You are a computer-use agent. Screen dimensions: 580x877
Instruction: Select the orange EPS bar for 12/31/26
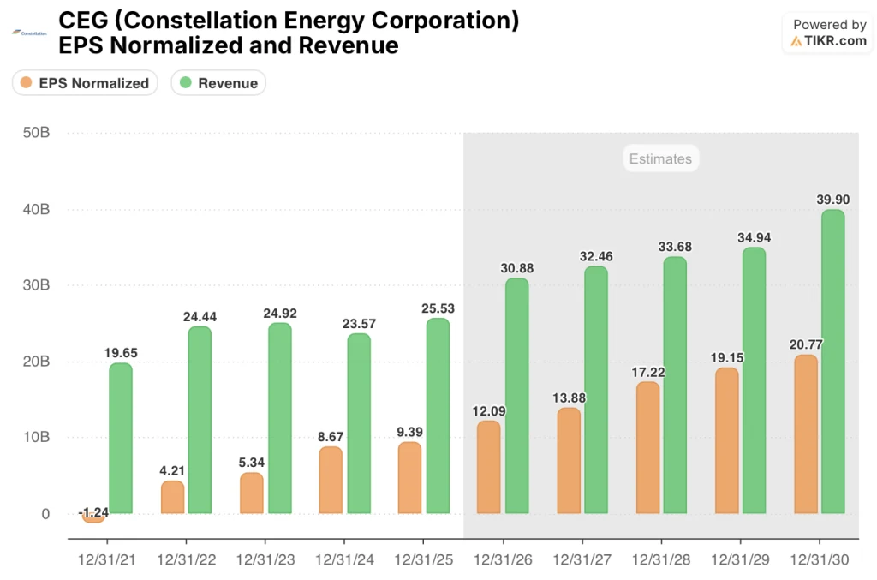coord(488,468)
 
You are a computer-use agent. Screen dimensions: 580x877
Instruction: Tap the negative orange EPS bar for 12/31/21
coord(92,517)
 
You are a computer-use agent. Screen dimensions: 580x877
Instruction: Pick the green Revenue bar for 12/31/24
coord(358,424)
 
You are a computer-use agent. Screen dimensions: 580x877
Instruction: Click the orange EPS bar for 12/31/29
coord(726,440)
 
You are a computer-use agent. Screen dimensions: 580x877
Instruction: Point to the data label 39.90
coord(832,200)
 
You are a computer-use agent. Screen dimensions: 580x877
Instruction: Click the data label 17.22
coord(647,372)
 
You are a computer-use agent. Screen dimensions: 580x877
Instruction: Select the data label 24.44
coord(200,316)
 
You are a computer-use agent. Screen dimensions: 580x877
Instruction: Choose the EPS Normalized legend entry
coord(85,83)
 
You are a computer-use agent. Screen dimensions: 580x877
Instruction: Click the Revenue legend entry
coord(219,83)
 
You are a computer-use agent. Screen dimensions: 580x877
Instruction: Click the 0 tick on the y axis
coord(44,514)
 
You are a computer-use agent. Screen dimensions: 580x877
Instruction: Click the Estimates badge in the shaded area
coord(659,158)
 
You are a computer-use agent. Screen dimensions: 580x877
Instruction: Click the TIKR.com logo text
coord(835,40)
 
